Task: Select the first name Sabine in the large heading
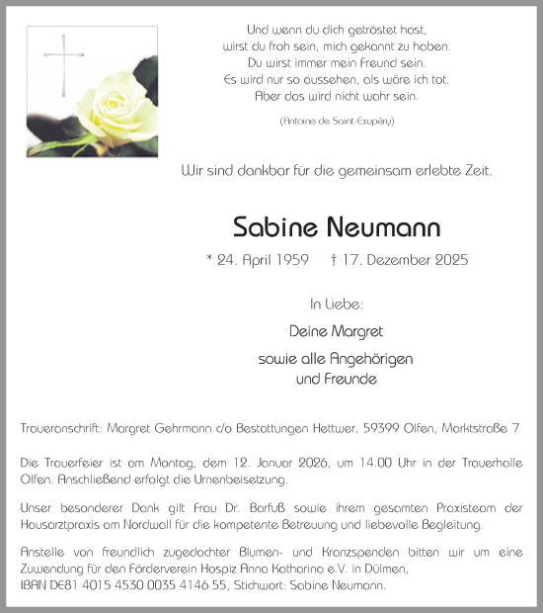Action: pos(270,227)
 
